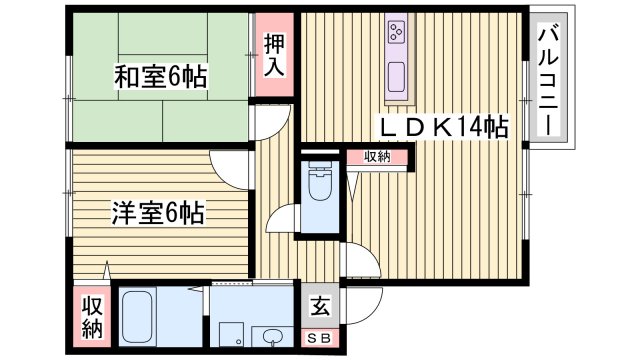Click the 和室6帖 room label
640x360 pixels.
159,76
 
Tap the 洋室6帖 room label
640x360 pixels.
157,212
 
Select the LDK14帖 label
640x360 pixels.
441,127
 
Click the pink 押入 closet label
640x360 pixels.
274,56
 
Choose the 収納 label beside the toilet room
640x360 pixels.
377,157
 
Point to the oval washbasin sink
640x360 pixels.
272,335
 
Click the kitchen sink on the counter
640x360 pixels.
396,75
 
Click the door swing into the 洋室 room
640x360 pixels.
229,168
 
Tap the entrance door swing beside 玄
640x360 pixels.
362,262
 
